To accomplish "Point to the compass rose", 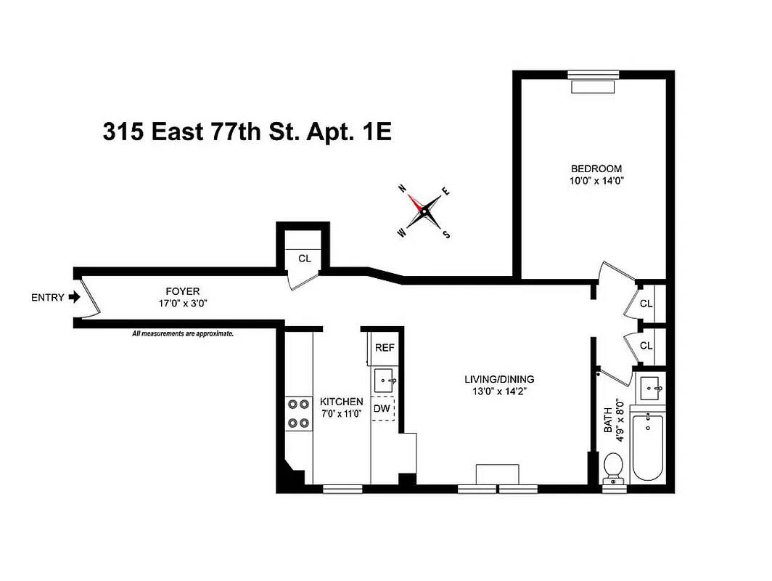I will point(424,210).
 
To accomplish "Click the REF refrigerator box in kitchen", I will point(384,347).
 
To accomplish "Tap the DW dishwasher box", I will point(382,409).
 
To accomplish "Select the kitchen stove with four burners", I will point(297,414).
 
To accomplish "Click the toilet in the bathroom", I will point(614,467).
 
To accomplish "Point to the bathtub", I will point(646,448).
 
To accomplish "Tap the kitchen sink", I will point(384,379).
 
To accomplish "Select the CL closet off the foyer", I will point(304,257).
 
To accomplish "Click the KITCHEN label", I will point(342,402).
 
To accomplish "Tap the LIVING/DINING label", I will point(499,379).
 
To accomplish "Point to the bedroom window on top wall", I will point(593,74).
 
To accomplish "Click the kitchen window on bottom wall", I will point(342,489).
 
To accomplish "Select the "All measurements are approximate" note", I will point(182,334).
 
